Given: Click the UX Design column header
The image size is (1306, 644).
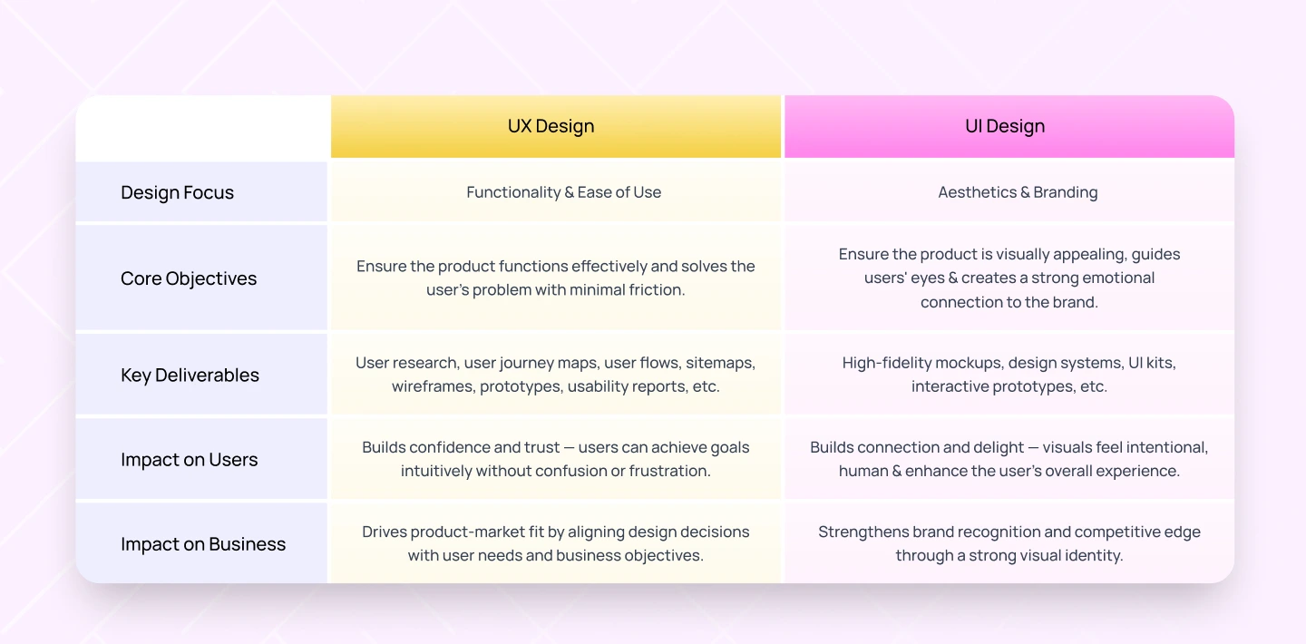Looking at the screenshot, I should tap(551, 126).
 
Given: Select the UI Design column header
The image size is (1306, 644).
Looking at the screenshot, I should tap(1004, 126).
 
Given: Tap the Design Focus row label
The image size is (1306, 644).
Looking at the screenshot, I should tap(177, 192).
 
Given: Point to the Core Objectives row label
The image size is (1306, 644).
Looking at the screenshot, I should tap(189, 278).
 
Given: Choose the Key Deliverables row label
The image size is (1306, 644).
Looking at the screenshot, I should tap(190, 375).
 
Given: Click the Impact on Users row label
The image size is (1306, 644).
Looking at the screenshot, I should tap(189, 460).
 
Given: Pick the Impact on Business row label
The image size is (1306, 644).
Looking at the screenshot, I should tap(203, 544).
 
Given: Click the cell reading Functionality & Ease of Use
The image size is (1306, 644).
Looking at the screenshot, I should tap(563, 192).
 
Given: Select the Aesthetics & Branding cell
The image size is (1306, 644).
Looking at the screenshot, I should tap(1018, 192).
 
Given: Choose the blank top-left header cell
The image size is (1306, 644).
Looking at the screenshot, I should tap(201, 127).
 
